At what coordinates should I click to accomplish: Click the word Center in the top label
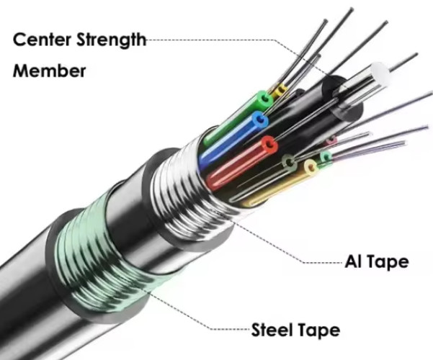click(45, 40)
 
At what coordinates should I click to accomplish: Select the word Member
click(49, 71)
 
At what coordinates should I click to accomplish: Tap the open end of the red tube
click(270, 147)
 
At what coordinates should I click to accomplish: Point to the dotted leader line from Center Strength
click(238, 40)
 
